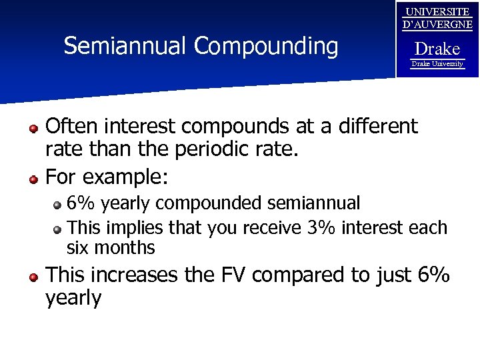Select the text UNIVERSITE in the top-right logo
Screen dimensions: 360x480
pyautogui.click(x=437, y=12)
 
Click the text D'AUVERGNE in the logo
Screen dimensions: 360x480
pyautogui.click(x=437, y=25)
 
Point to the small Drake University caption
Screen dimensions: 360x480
pyautogui.click(x=437, y=64)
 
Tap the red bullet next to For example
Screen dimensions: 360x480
pyautogui.click(x=33, y=179)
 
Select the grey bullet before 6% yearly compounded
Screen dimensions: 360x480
pyautogui.click(x=58, y=205)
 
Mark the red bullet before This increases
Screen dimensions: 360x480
pyautogui.click(x=33, y=277)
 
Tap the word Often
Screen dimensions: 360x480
pyautogui.click(x=72, y=126)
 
